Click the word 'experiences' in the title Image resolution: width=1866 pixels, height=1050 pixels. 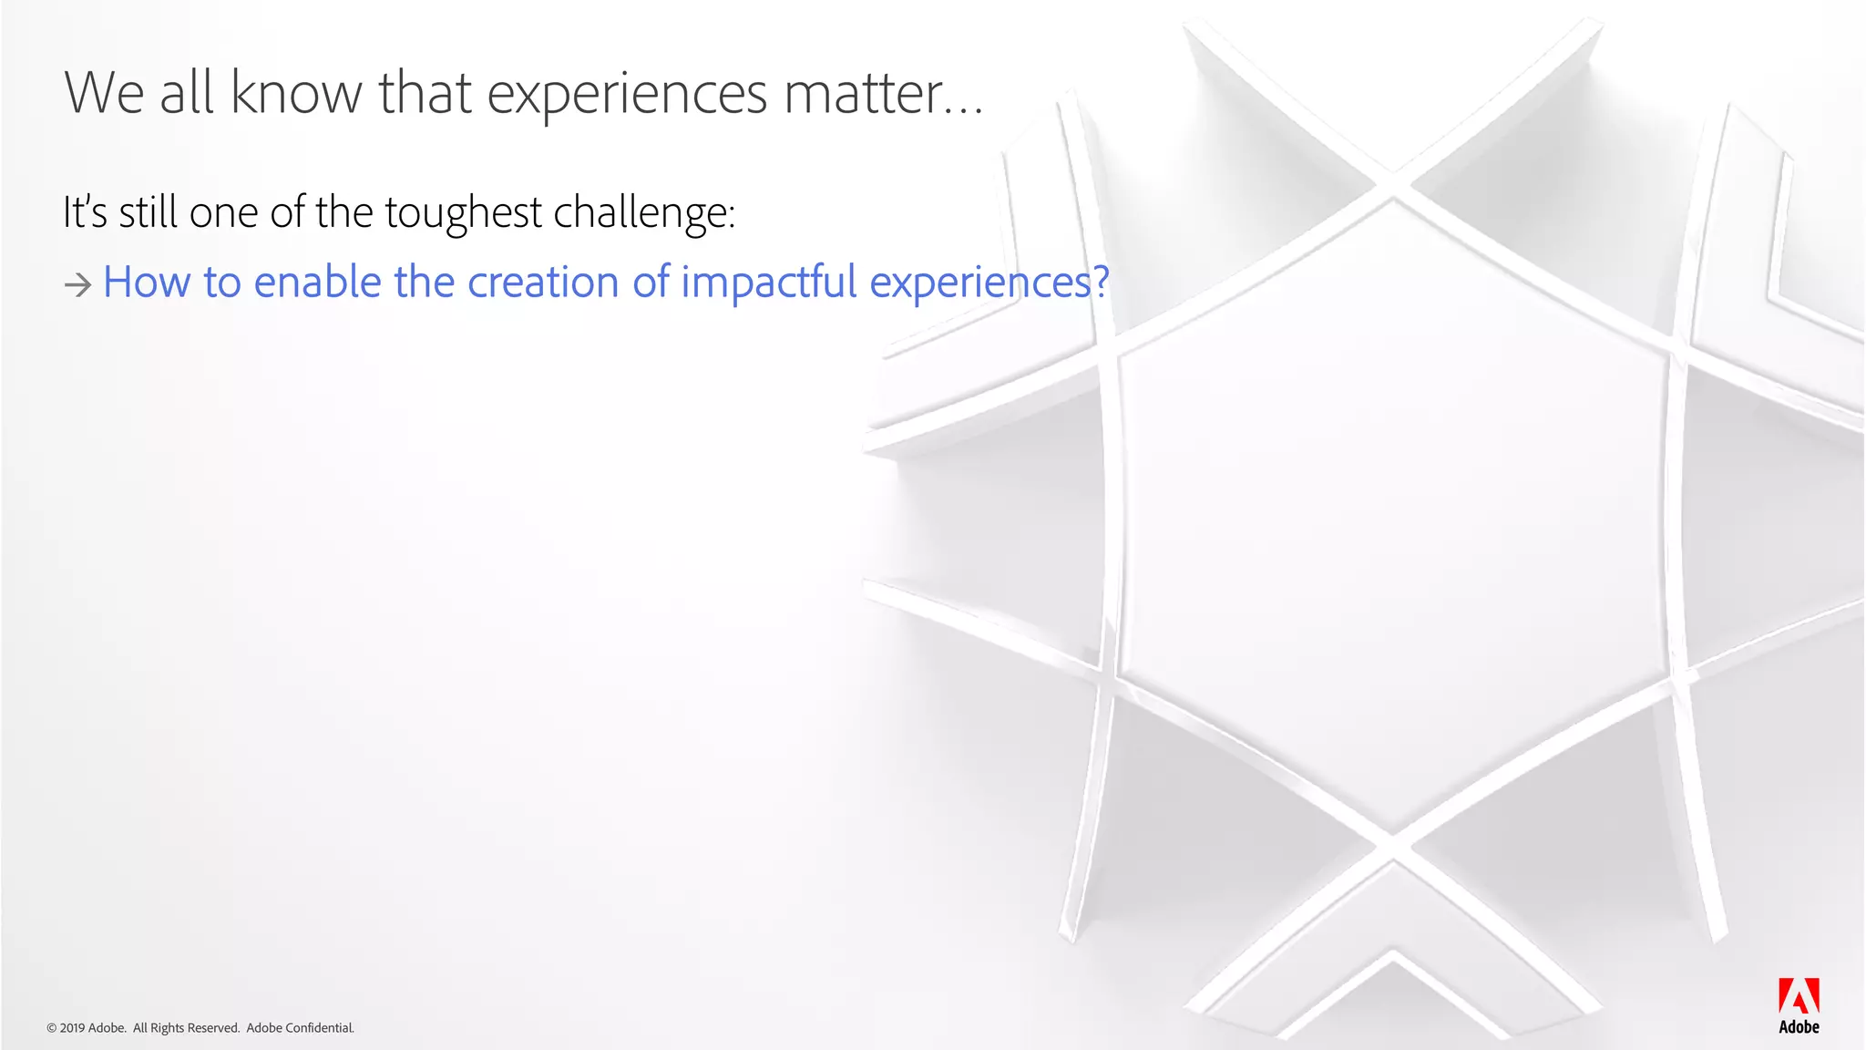tap(627, 94)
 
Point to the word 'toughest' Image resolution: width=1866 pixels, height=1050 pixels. tap(463, 213)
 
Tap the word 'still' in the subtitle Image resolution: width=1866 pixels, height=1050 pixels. tap(148, 212)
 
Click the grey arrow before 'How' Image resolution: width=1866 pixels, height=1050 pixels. tap(77, 286)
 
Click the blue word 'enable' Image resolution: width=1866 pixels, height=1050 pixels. tap(317, 282)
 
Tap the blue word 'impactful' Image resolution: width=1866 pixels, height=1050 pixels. tap(768, 282)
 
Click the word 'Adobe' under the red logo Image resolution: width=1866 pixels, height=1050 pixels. tap(1799, 1027)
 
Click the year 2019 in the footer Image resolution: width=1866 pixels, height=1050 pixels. tap(72, 1028)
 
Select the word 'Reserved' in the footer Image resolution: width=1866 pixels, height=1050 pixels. tap(213, 1028)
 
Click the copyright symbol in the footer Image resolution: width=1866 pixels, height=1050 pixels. tap(51, 1028)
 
